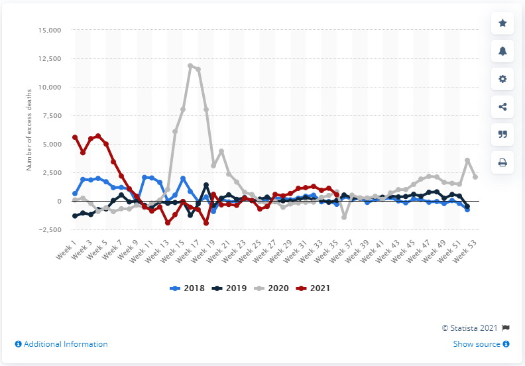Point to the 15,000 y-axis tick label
click(47, 30)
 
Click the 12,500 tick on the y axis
click(47, 59)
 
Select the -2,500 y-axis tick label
click(48, 230)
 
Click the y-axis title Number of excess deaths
click(29, 130)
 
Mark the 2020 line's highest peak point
click(190, 66)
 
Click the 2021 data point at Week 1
click(75, 137)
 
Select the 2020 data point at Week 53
click(475, 177)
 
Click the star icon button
click(502, 23)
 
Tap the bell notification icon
click(502, 50)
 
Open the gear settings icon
click(502, 78)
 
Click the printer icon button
click(502, 161)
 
